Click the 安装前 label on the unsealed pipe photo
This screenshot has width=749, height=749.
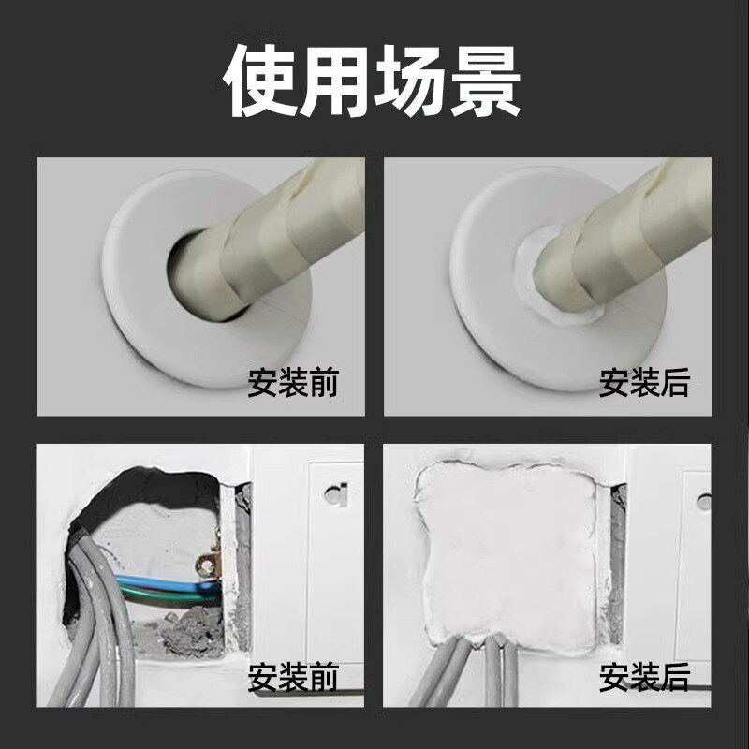coord(293,382)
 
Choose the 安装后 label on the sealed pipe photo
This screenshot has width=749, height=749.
coord(644,382)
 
